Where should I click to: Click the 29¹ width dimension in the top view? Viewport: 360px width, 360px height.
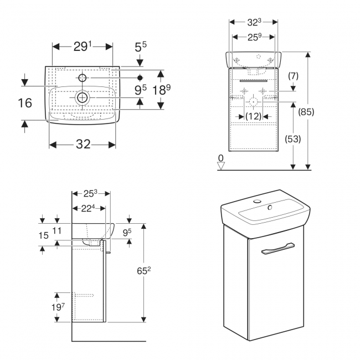(83, 47)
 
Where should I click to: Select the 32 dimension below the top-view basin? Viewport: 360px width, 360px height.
(83, 145)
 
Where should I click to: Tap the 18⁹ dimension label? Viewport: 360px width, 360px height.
(162, 90)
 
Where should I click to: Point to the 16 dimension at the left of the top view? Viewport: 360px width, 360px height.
(25, 102)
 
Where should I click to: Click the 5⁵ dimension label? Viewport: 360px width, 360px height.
(141, 47)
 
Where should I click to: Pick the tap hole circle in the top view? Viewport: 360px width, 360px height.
(83, 78)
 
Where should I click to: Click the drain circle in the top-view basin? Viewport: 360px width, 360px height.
(83, 98)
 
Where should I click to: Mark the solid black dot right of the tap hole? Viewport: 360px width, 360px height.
(140, 78)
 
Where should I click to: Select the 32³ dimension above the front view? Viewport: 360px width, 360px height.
(254, 22)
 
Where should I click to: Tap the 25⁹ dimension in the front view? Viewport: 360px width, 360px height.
(254, 37)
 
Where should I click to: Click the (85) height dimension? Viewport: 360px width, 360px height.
(306, 112)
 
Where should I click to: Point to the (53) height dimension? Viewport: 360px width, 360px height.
(293, 139)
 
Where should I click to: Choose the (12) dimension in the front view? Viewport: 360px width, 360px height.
(254, 117)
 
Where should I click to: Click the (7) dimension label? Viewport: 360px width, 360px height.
(293, 76)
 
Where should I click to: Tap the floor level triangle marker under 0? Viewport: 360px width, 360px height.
(221, 166)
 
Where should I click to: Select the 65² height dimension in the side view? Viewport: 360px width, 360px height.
(144, 271)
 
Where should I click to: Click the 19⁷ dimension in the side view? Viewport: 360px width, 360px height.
(58, 307)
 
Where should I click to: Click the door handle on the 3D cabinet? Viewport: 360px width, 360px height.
(278, 248)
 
